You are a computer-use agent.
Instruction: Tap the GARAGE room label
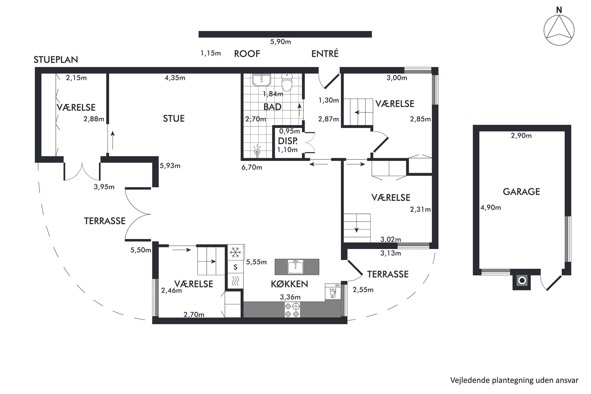pyautogui.click(x=521, y=191)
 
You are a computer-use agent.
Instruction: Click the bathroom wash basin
pyautogui.click(x=262, y=80)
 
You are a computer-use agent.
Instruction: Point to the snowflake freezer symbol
pyautogui.click(x=235, y=252)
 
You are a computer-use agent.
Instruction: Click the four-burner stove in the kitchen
pyautogui.click(x=292, y=310)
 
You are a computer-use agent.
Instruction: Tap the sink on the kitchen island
pyautogui.click(x=295, y=267)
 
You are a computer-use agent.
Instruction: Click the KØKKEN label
pyautogui.click(x=289, y=284)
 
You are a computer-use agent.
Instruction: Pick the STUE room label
pyautogui.click(x=174, y=119)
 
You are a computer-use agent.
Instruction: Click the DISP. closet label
pyautogui.click(x=288, y=141)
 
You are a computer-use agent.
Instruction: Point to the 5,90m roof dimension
pyautogui.click(x=280, y=42)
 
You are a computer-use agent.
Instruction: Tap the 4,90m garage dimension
pyautogui.click(x=491, y=208)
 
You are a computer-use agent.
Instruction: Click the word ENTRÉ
pyautogui.click(x=325, y=54)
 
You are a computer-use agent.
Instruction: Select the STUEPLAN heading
pyautogui.click(x=56, y=60)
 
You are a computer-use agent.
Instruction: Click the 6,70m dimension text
pyautogui.click(x=252, y=167)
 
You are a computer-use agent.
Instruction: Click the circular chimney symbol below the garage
pyautogui.click(x=522, y=281)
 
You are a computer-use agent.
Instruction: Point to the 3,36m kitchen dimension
pyautogui.click(x=290, y=297)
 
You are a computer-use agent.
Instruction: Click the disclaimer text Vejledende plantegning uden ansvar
pyautogui.click(x=514, y=380)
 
